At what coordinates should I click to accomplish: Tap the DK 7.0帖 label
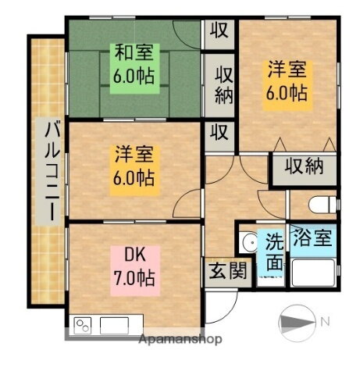tap(132, 266)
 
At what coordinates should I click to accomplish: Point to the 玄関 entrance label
tap(226, 271)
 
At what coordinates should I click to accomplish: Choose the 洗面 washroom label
tap(273, 251)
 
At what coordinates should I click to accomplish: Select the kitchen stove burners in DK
tap(83, 324)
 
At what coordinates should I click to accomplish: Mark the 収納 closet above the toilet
tap(305, 166)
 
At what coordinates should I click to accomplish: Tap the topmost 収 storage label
tap(219, 30)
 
